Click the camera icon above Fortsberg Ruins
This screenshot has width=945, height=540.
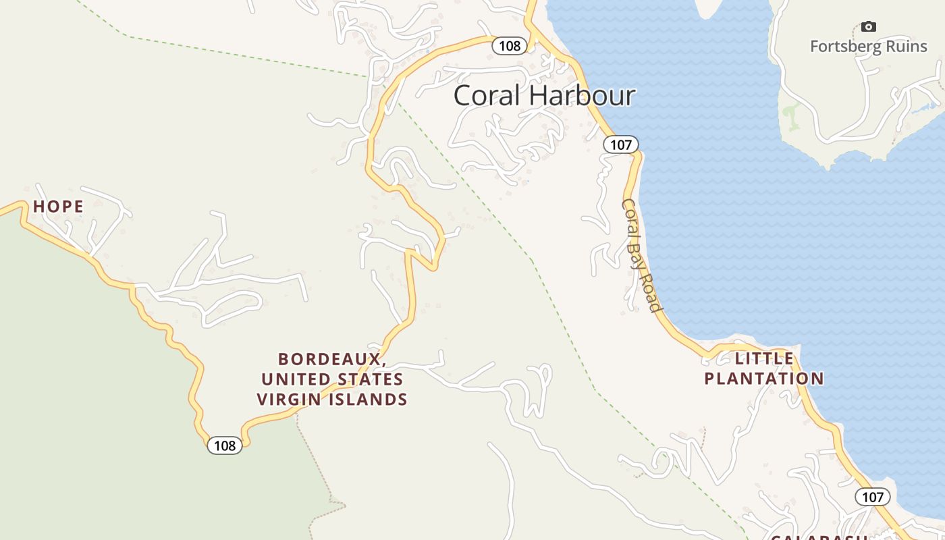pyautogui.click(x=869, y=27)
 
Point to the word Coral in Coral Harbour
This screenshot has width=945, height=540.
pyautogui.click(x=486, y=96)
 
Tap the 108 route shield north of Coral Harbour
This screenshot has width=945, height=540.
pyautogui.click(x=510, y=46)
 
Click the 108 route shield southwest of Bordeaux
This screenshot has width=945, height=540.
pyautogui.click(x=224, y=446)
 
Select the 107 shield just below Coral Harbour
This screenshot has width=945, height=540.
pyautogui.click(x=620, y=144)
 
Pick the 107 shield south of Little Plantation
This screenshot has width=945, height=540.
pyautogui.click(x=873, y=497)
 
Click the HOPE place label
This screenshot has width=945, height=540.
pyautogui.click(x=59, y=207)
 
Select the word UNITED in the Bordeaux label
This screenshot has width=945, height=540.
pyautogui.click(x=298, y=379)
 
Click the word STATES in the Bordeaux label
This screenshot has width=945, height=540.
pyautogui.click(x=371, y=379)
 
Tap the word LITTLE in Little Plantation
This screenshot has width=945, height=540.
pyautogui.click(x=764, y=358)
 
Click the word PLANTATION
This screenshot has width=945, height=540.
pyautogui.click(x=764, y=378)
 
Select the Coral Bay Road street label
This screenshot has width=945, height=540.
pyautogui.click(x=642, y=255)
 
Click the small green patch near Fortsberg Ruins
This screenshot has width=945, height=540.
pyautogui.click(x=790, y=116)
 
